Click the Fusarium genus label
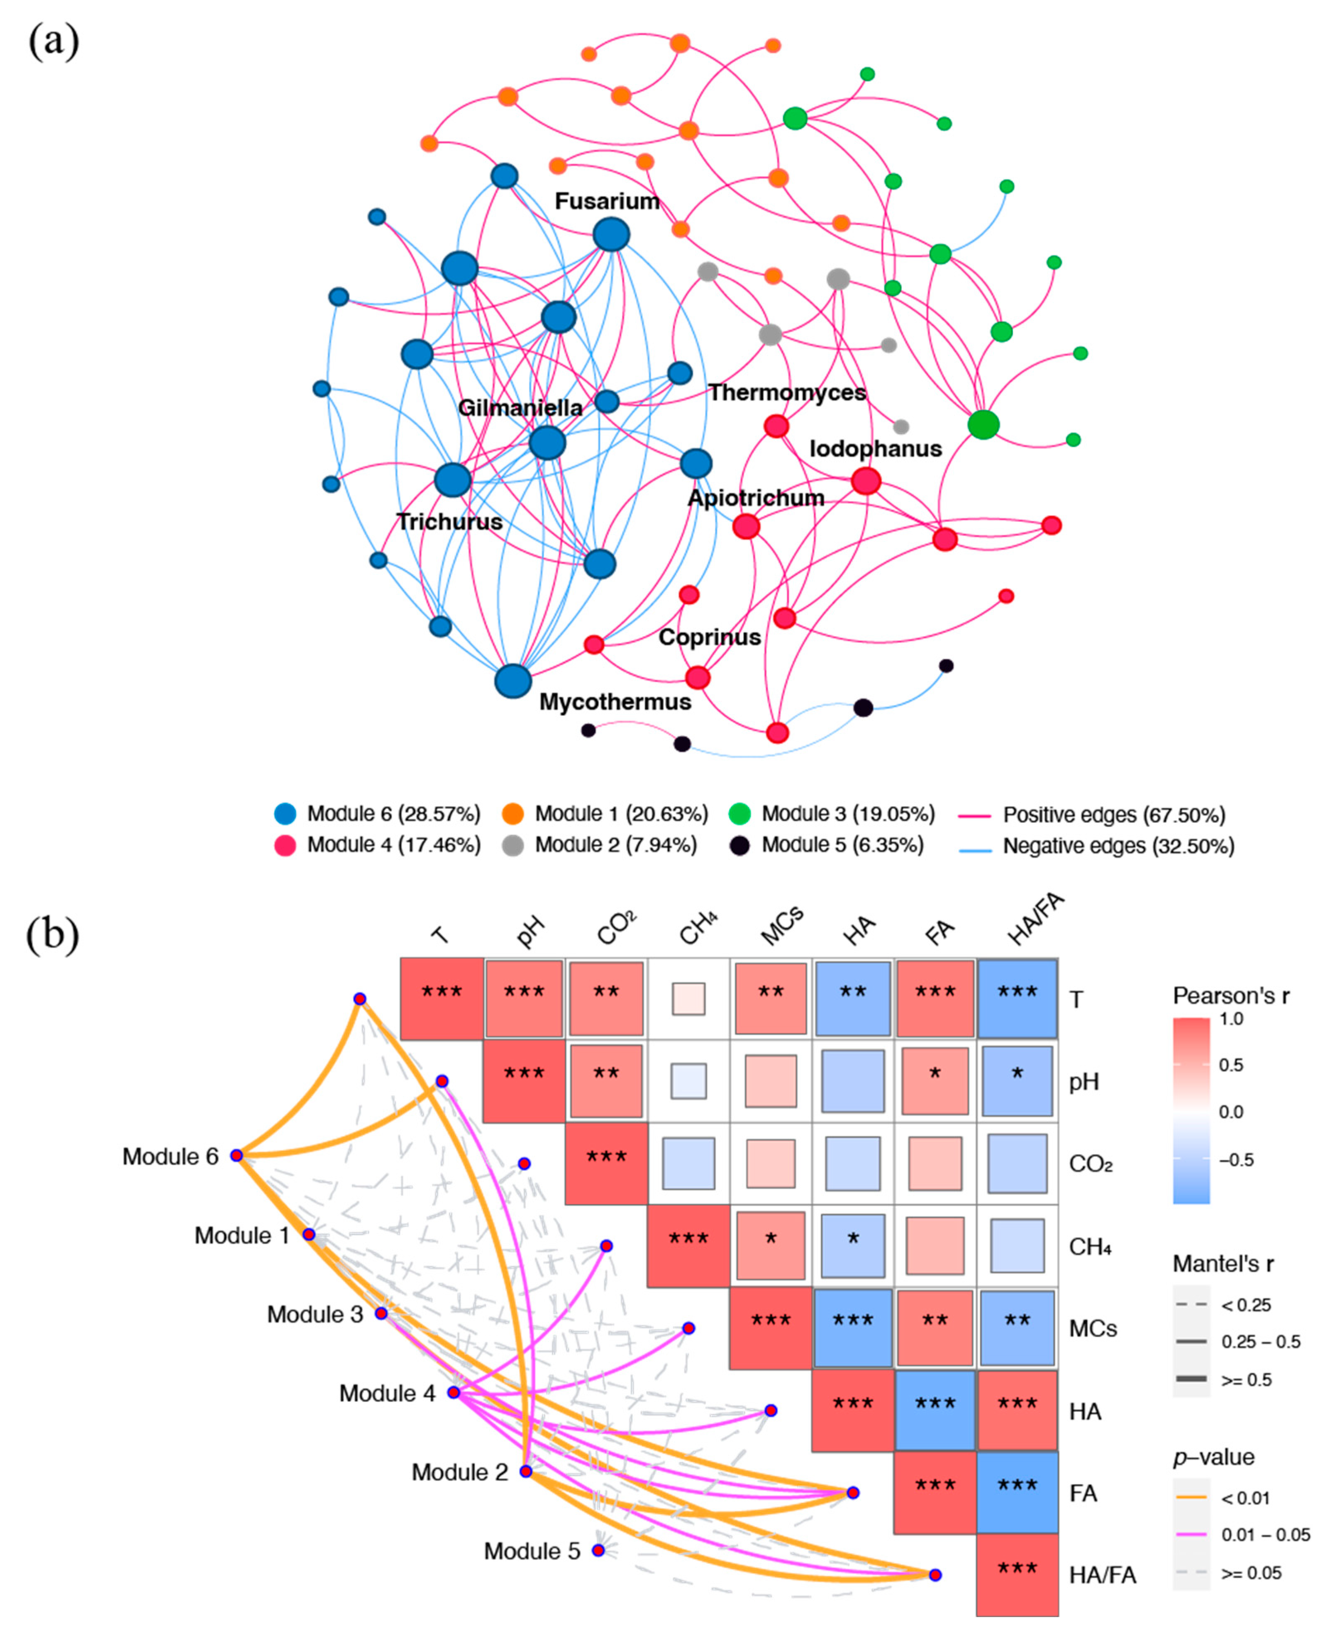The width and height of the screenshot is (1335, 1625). coord(607,202)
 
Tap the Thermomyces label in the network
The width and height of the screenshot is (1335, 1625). coord(787,393)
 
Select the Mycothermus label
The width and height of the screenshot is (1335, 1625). coord(615,702)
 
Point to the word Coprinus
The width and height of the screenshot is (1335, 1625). coord(709,637)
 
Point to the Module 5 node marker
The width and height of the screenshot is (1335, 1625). coord(598,1550)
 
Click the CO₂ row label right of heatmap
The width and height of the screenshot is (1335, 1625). coord(1091,1164)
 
